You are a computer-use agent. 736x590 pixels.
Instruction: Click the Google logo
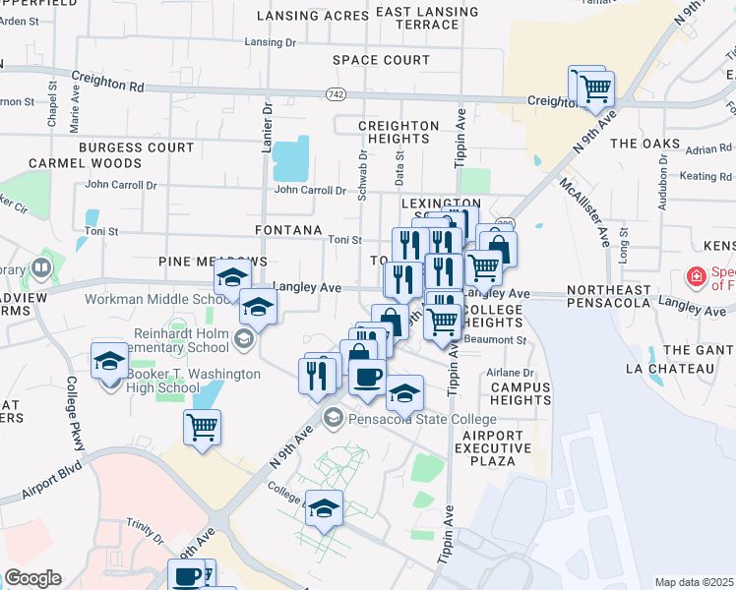pyautogui.click(x=32, y=578)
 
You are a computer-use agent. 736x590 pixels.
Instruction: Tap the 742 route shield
pyautogui.click(x=337, y=92)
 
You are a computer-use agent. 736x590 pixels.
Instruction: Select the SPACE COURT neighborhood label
pyautogui.click(x=381, y=60)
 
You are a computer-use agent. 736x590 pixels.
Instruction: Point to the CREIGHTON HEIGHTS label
pyautogui.click(x=399, y=133)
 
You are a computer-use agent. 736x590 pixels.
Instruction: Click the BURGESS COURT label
pyautogui.click(x=137, y=147)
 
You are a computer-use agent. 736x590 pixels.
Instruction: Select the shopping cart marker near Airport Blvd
pyautogui.click(x=202, y=428)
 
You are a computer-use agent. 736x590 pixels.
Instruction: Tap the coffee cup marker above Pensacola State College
pyautogui.click(x=368, y=377)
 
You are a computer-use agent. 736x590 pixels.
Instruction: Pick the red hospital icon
pyautogui.click(x=697, y=277)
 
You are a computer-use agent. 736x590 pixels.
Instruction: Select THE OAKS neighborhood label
pyautogui.click(x=644, y=144)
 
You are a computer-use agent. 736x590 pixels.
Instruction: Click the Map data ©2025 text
pyautogui.click(x=694, y=582)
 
